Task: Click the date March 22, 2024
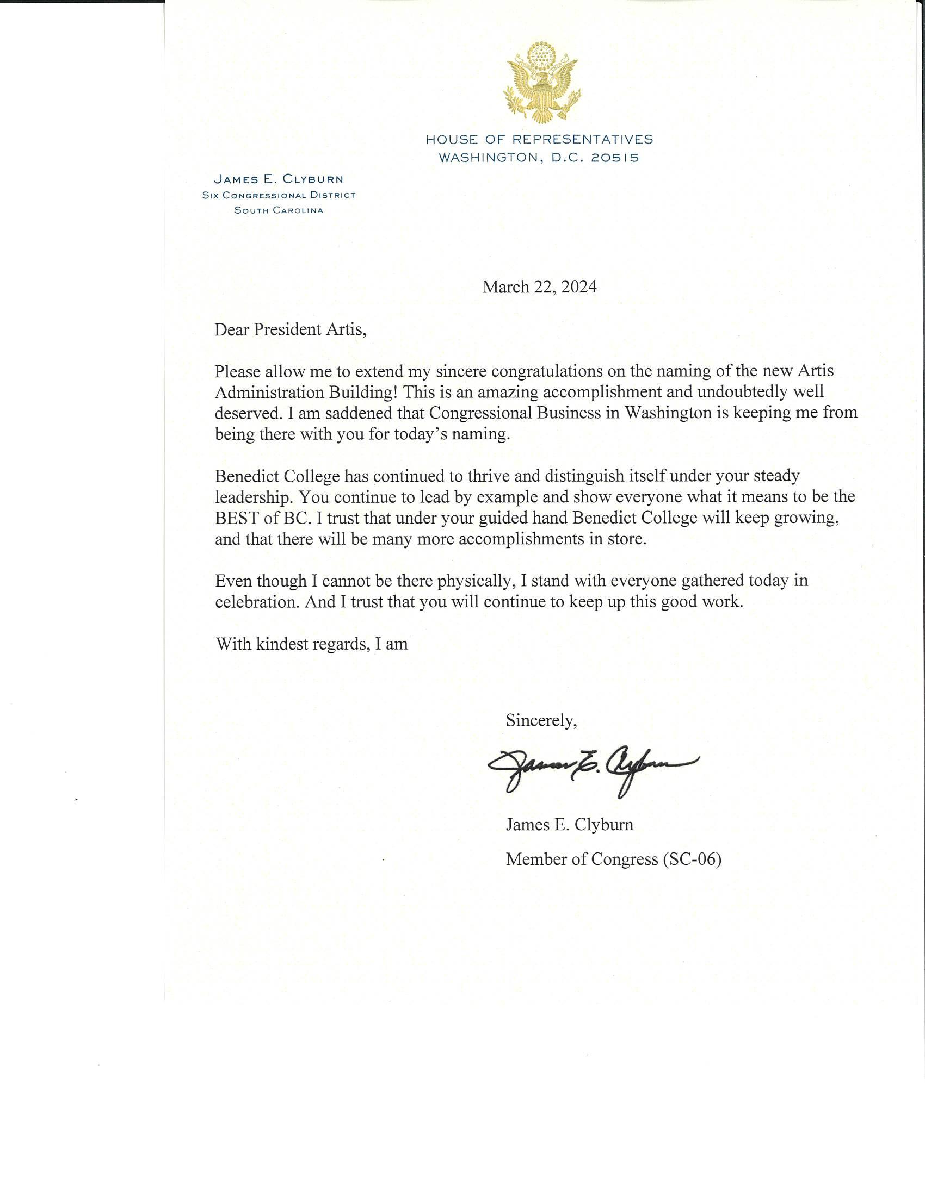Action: [x=539, y=287]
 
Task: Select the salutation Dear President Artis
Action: [x=290, y=329]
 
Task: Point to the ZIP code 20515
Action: [x=615, y=158]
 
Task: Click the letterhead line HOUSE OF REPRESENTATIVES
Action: [x=539, y=139]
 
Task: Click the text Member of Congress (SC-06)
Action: [x=613, y=859]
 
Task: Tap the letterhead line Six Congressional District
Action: [x=279, y=196]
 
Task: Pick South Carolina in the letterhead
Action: [x=279, y=210]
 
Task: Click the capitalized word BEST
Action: [x=237, y=518]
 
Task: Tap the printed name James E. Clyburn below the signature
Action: [x=569, y=824]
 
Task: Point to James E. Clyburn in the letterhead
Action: [x=279, y=179]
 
